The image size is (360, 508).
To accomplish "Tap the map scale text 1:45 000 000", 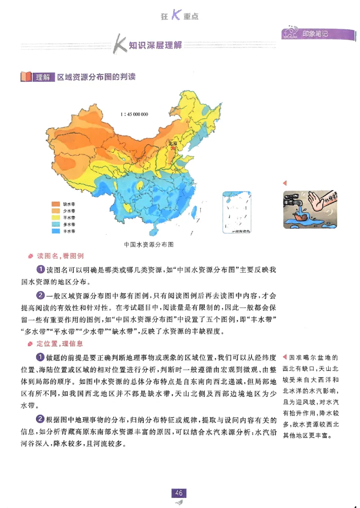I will (134, 114).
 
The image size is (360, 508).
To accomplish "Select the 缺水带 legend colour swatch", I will (56, 204).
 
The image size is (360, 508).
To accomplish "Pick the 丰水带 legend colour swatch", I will (56, 231).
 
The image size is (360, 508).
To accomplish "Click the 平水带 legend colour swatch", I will (56, 218).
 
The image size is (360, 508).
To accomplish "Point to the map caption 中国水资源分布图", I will (148, 245).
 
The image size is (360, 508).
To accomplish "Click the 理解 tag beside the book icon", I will (43, 77).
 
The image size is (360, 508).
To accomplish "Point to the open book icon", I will (26, 77).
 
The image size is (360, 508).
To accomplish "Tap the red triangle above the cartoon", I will (284, 183).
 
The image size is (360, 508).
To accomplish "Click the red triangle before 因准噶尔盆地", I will (284, 358).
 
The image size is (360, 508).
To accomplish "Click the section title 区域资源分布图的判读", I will (96, 77).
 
